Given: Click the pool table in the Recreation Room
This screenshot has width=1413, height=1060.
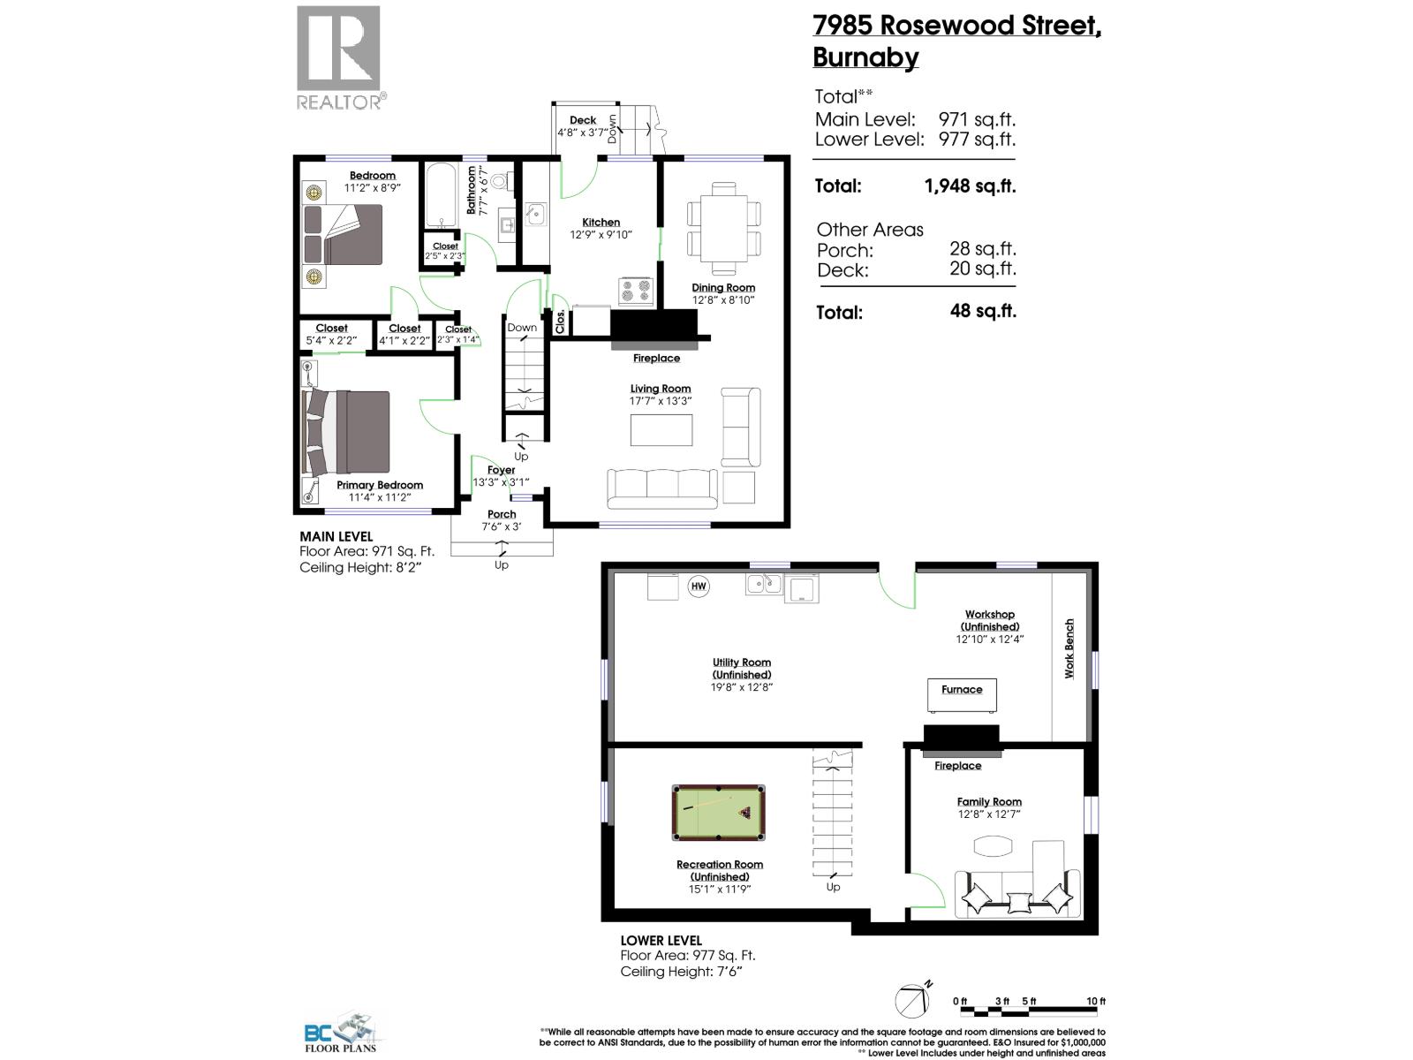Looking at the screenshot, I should coord(719,813).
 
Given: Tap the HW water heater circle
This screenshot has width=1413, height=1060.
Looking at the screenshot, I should coord(699,586).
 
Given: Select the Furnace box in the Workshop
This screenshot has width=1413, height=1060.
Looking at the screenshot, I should coord(962,695).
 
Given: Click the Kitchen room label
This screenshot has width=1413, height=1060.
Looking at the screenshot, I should coord(601,223).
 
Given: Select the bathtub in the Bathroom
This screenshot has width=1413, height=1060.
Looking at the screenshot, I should coord(438,194).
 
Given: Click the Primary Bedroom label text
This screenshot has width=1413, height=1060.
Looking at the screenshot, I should coord(380,485).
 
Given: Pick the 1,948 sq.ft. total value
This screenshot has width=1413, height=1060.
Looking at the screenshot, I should coord(970,186).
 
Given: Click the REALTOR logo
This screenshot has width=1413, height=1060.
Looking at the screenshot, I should coord(339,57).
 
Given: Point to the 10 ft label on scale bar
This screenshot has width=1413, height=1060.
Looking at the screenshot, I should coord(1096,1001).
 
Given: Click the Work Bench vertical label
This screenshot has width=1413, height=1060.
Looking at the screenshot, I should coord(1069,648).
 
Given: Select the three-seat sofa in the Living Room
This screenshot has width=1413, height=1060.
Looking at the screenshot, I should coord(662,489).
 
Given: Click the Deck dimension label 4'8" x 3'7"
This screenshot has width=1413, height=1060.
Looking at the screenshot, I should coord(583,132).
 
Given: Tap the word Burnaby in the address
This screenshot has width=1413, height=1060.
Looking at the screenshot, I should coord(865,57).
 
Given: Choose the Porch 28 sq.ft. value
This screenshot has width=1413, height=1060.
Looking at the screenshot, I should coord(982,249).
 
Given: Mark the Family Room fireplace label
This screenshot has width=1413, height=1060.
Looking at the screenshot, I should coord(958,766).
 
